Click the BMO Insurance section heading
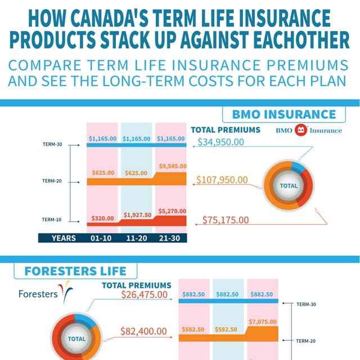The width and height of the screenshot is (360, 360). click(x=283, y=115)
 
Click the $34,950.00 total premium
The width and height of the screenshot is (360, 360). click(x=221, y=141)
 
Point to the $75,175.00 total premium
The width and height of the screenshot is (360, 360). click(x=225, y=220)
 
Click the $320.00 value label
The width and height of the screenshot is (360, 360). click(x=102, y=218)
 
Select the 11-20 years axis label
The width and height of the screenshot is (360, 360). click(x=137, y=238)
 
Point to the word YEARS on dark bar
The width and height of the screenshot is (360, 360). click(x=64, y=238)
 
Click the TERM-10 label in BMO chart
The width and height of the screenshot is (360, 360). click(x=52, y=219)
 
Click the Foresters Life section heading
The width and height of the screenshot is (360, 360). click(x=75, y=271)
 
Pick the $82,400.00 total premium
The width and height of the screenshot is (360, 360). click(x=144, y=332)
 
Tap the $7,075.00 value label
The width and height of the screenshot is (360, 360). click(x=262, y=321)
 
